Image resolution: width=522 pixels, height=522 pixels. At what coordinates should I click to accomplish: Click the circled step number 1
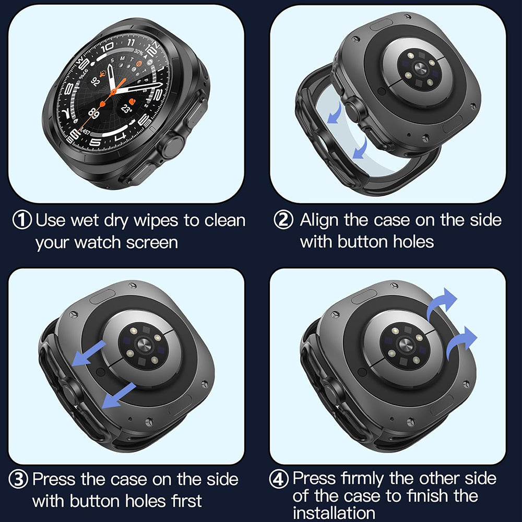coord(22,220)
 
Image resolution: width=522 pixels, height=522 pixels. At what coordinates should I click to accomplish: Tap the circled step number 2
coord(283,220)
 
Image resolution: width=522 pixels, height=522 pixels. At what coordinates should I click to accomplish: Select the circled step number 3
coord(19,479)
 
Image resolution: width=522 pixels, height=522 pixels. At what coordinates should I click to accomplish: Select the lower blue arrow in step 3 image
coord(117,395)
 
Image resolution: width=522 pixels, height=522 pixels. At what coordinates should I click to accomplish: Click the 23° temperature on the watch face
coord(126,109)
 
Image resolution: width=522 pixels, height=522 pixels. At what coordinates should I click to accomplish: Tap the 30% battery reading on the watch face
coord(138,52)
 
